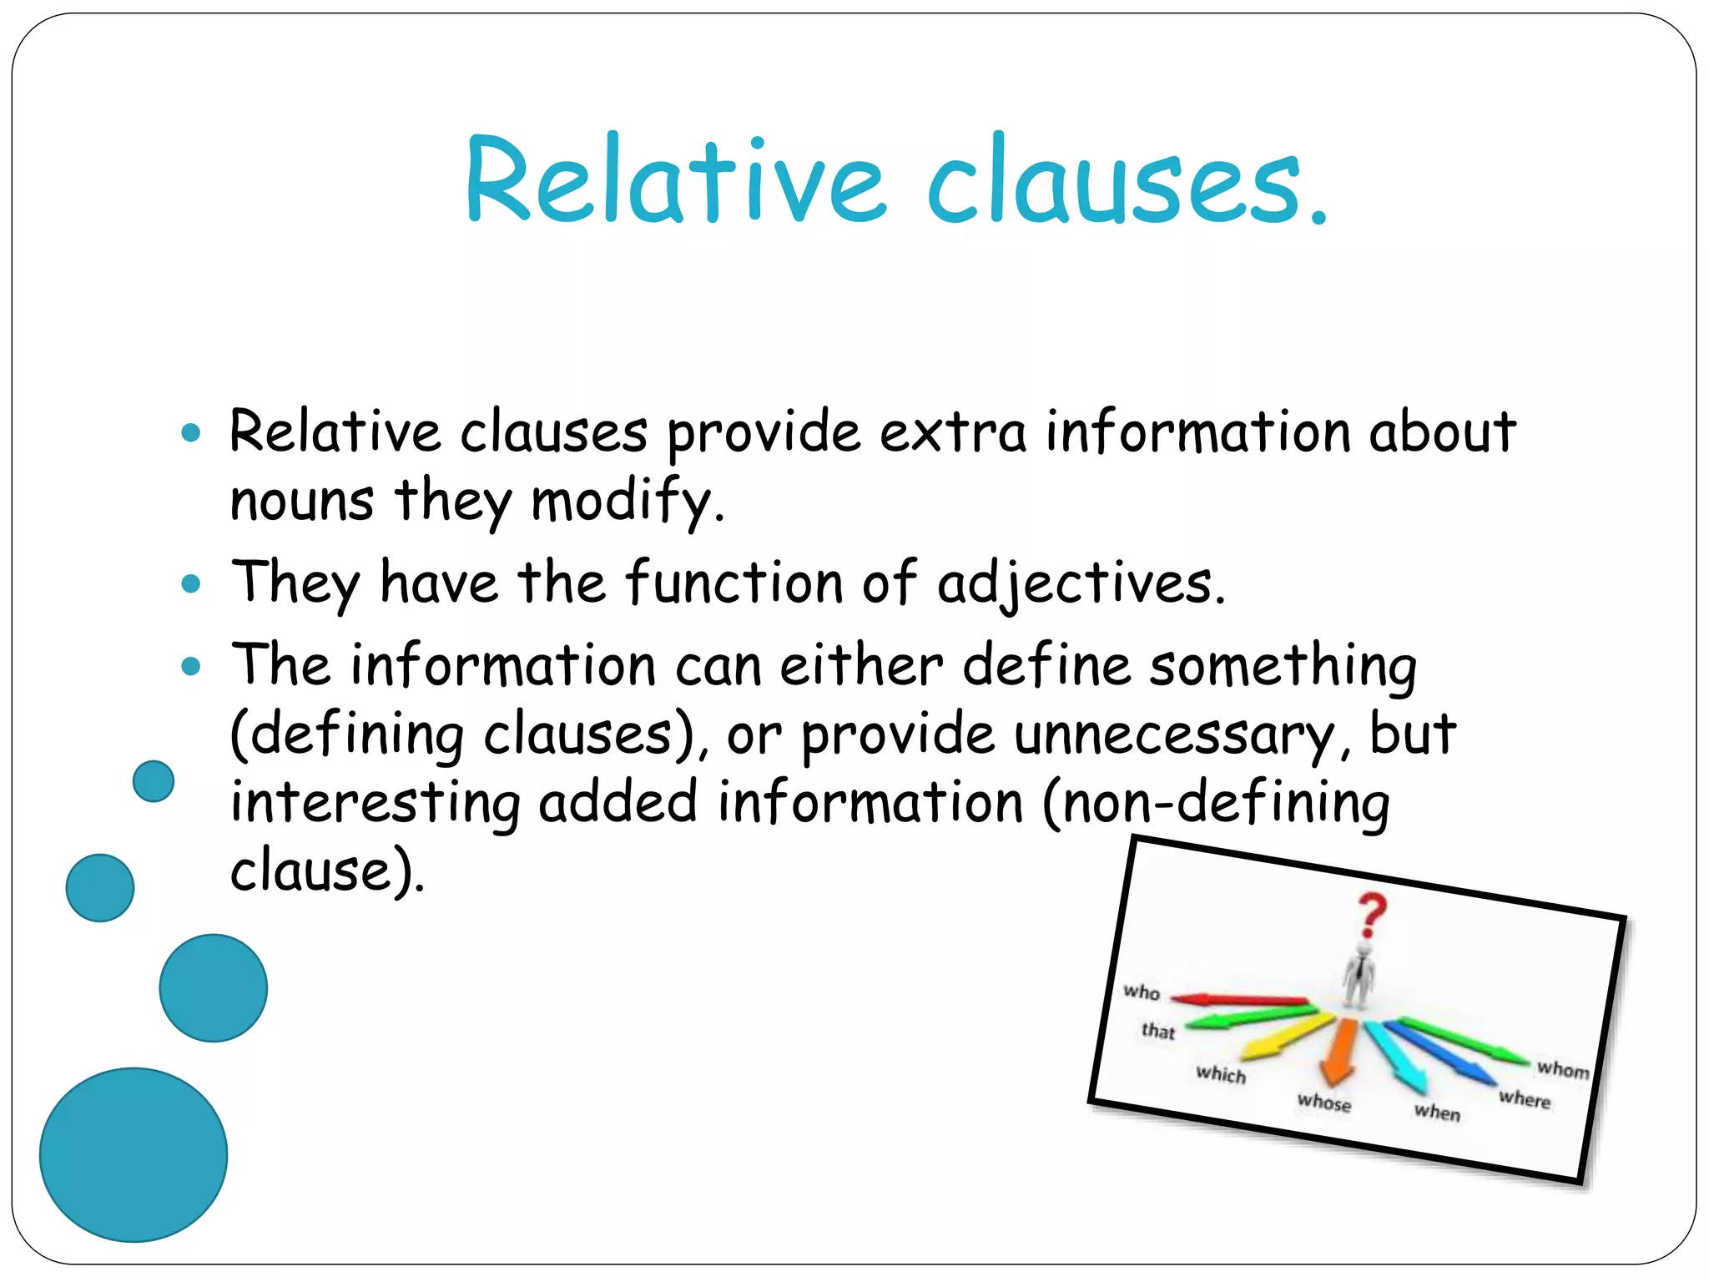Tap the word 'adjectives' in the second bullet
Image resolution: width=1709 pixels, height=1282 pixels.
pyautogui.click(x=1081, y=583)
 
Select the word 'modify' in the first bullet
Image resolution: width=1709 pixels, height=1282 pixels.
pyautogui.click(x=626, y=501)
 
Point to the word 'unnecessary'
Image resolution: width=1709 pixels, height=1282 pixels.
pyautogui.click(x=1175, y=734)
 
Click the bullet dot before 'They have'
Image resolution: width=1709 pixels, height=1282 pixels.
pyautogui.click(x=191, y=583)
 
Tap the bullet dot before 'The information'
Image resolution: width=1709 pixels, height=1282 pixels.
pyautogui.click(x=191, y=665)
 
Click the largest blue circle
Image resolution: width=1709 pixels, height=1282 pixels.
pyautogui.click(x=134, y=1154)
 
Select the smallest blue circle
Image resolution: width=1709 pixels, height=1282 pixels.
pyautogui.click(x=154, y=781)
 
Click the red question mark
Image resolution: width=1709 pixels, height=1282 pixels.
pyautogui.click(x=1371, y=915)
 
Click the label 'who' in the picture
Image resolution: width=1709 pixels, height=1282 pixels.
pyautogui.click(x=1142, y=992)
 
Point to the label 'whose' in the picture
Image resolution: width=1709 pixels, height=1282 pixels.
pyautogui.click(x=1323, y=1103)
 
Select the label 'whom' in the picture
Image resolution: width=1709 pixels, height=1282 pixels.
pyautogui.click(x=1562, y=1069)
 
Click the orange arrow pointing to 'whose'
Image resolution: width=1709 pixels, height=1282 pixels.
pyautogui.click(x=1340, y=1052)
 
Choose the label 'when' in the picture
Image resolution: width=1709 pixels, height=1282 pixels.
pyautogui.click(x=1437, y=1112)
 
